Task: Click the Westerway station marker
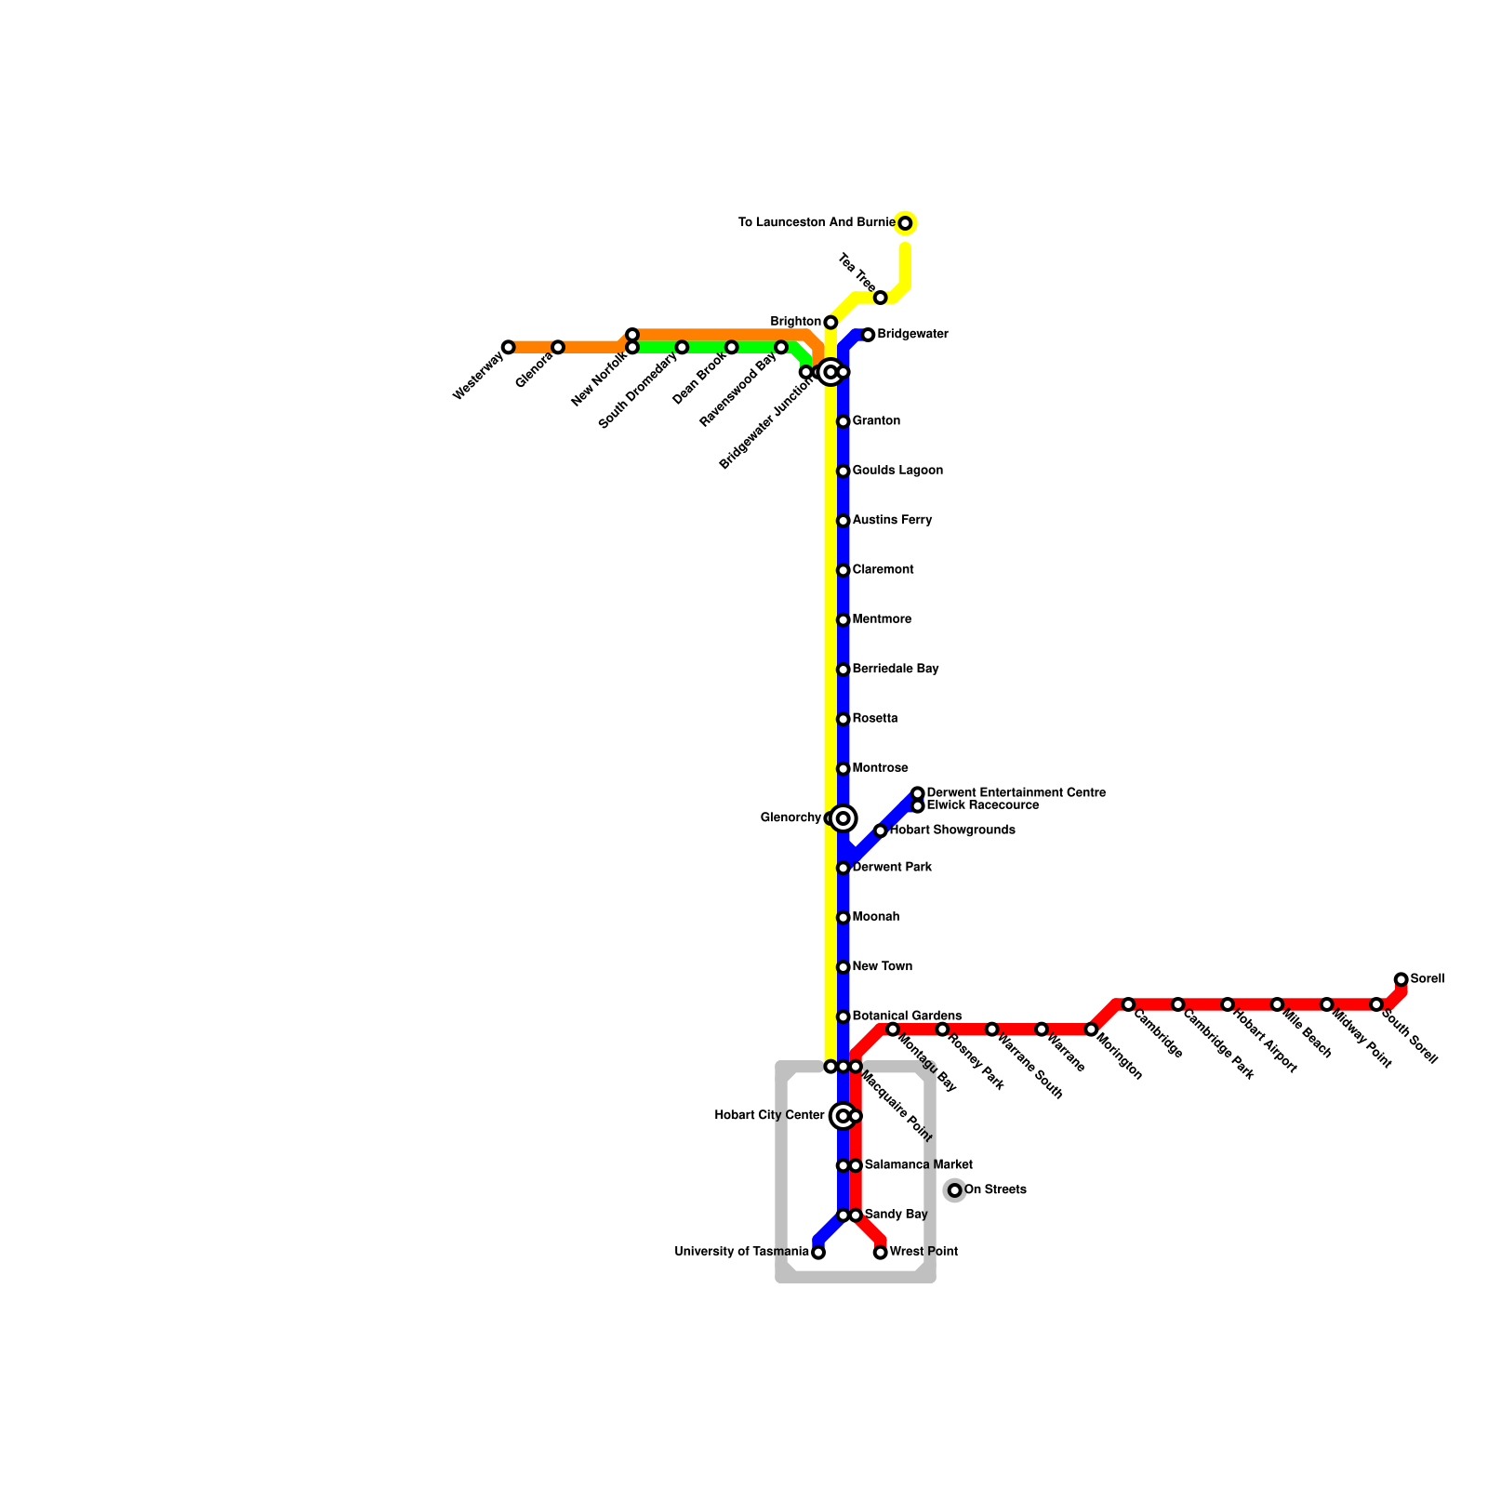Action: [508, 348]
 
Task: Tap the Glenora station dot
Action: [558, 348]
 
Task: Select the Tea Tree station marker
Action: [881, 298]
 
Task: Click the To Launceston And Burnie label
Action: [817, 223]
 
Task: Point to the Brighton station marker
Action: [830, 323]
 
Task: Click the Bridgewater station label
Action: [912, 335]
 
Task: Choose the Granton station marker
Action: [844, 422]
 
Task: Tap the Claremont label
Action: [883, 570]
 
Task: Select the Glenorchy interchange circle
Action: [844, 818]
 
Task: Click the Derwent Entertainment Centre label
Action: [1016, 793]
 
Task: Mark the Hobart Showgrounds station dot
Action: [881, 830]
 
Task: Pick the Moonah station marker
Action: [844, 918]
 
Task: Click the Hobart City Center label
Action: [769, 1116]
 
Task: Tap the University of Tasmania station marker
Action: [818, 1253]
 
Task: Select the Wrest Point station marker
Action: [881, 1253]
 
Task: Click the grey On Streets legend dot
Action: [955, 1190]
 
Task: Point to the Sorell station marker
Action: [1402, 979]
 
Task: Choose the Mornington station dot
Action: [1091, 1030]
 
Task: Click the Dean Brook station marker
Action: [732, 348]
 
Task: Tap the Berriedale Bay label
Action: [895, 670]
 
